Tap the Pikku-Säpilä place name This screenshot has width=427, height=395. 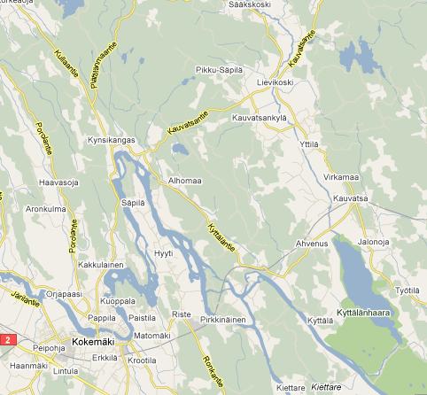(x=218, y=68)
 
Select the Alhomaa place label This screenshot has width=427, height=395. (x=185, y=182)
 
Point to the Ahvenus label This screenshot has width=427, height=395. (x=311, y=243)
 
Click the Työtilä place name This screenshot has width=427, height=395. (x=406, y=290)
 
